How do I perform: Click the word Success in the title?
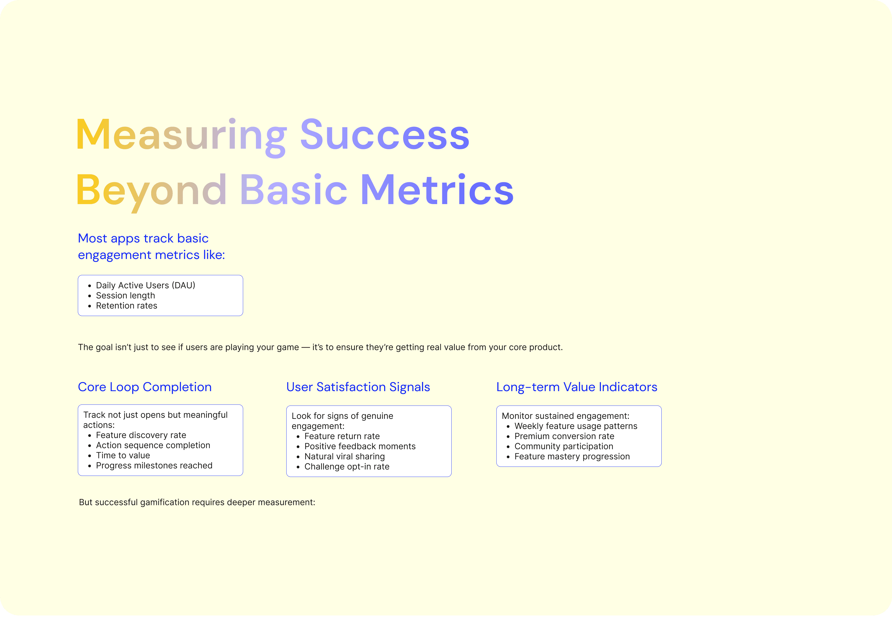(385, 134)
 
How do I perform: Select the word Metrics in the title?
(437, 189)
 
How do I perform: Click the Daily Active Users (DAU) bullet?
(146, 285)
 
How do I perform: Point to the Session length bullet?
(125, 296)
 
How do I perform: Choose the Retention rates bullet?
(127, 306)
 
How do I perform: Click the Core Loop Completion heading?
(145, 387)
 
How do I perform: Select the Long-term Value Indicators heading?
(577, 387)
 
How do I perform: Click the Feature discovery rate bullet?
(141, 435)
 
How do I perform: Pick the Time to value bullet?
(123, 455)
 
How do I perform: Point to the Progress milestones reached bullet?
(154, 465)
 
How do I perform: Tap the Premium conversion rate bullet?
(564, 436)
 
